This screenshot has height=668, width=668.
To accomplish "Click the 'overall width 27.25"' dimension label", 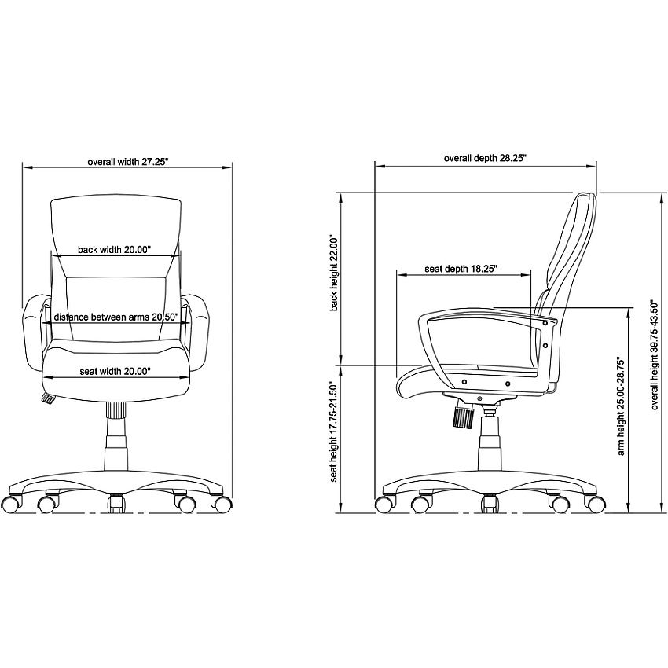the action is coord(128,162).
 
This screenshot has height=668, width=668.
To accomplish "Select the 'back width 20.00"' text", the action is coord(114,250).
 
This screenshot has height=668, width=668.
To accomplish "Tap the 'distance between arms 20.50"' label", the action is coord(116,317).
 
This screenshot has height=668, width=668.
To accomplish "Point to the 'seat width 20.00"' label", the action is coord(115,372).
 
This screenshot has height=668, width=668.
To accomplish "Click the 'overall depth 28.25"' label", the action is coord(485,158).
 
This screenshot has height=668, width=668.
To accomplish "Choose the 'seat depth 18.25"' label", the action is coord(461,269).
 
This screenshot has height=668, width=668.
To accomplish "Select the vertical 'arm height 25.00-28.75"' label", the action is coord(621,407).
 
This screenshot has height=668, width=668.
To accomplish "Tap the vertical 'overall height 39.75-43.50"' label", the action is coord(655,354).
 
